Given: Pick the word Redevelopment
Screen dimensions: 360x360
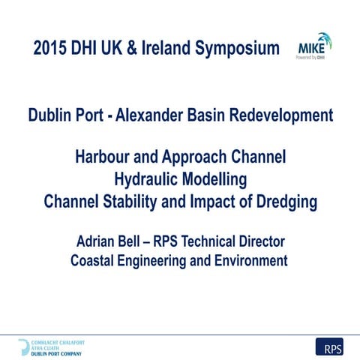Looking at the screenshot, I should tap(285, 117).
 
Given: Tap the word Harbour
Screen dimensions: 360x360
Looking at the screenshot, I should tap(106, 159).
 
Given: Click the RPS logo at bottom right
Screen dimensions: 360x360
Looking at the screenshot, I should tap(329, 347).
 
